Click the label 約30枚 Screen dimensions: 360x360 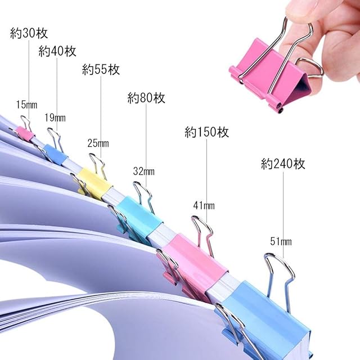tap(30, 33)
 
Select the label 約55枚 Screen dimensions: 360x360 tap(101, 70)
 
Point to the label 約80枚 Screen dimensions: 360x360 tap(146, 98)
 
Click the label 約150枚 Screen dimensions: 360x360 tap(206, 133)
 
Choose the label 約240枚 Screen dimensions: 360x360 tap(283, 164)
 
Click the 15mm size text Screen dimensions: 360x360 tap(26, 104)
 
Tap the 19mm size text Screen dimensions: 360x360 tap(55, 118)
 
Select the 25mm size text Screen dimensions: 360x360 tap(98, 144)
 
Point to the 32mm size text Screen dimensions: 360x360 tap(144, 170)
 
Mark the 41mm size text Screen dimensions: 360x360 tap(204, 206)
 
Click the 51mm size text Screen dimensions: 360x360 tap(281, 242)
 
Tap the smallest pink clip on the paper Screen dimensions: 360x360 tap(24, 133)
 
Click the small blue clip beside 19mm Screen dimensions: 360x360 tap(55, 154)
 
